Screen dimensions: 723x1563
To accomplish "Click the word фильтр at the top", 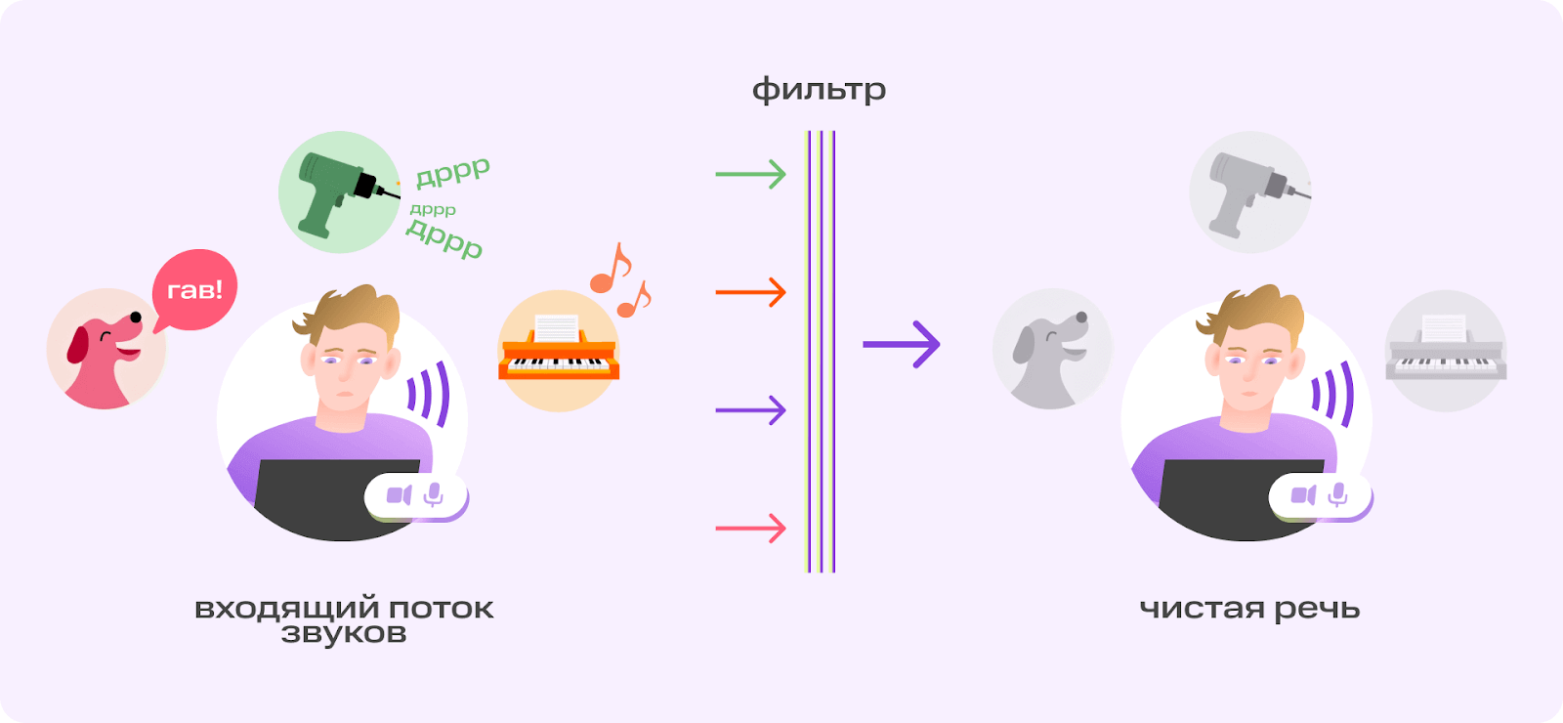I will (819, 90).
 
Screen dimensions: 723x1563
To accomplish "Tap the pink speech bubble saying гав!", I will (194, 289).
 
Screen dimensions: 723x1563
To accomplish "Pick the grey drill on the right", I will (1249, 192).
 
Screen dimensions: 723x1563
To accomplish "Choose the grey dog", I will (1051, 350).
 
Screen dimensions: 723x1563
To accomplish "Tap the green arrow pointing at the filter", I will (750, 175).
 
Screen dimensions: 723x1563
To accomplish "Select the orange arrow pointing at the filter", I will (750, 292).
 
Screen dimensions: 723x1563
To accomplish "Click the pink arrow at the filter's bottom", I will (750, 529).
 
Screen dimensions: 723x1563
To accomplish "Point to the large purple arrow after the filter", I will (901, 344).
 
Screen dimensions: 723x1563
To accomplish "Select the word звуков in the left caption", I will (343, 634).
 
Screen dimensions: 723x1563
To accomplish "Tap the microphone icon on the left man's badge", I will (434, 495).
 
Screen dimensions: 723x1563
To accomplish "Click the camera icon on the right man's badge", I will (1303, 495).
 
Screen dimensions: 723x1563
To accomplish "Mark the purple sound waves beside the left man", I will (429, 394).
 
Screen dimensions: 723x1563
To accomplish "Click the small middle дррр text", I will (433, 209).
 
